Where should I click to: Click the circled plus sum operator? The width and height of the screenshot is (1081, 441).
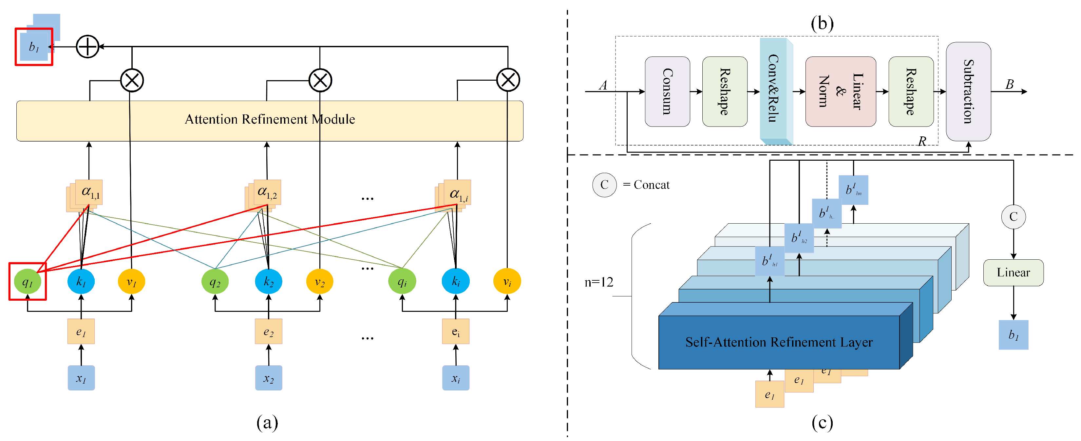pyautogui.click(x=87, y=46)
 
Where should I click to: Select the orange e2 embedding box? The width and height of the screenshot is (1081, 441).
pyautogui.click(x=269, y=331)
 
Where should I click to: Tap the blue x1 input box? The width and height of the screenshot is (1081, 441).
pyautogui.click(x=81, y=378)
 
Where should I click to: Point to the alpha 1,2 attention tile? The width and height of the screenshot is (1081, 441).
pyautogui.click(x=267, y=192)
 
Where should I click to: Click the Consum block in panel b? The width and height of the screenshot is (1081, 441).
pyautogui.click(x=667, y=91)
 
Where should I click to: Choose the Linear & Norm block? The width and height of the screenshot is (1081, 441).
pyautogui.click(x=840, y=91)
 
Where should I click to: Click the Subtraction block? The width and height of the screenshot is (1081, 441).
pyautogui.click(x=968, y=91)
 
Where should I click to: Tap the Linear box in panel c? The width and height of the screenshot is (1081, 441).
pyautogui.click(x=1013, y=272)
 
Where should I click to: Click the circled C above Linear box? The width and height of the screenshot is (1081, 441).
pyautogui.click(x=1013, y=217)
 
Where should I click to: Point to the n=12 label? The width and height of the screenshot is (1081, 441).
pyautogui.click(x=598, y=282)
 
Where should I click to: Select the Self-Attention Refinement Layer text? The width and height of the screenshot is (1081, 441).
pyautogui.click(x=778, y=342)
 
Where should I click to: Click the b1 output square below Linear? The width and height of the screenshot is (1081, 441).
pyautogui.click(x=1013, y=335)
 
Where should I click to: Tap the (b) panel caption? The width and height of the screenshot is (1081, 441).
pyautogui.click(x=822, y=24)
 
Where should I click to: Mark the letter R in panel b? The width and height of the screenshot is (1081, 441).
pyautogui.click(x=921, y=141)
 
